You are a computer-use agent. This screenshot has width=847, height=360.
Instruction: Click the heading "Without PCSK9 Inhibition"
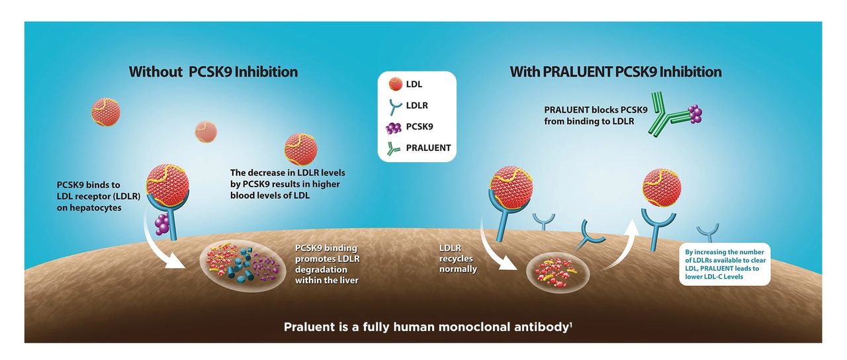(x=213, y=71)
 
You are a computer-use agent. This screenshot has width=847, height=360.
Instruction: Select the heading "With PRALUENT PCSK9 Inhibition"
(x=615, y=71)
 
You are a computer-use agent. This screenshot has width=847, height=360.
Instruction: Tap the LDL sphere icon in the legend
(x=395, y=85)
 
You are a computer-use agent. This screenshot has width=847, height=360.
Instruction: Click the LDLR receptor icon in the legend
(x=395, y=105)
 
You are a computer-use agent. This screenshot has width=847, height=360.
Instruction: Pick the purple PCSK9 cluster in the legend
(x=395, y=126)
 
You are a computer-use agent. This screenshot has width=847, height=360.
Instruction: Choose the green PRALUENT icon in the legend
(x=395, y=147)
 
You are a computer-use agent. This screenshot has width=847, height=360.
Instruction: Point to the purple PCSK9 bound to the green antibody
(x=693, y=114)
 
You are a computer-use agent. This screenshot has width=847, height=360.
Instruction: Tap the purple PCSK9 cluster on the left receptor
(x=162, y=224)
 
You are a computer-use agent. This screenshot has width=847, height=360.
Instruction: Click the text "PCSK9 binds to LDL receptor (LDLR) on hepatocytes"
(x=89, y=195)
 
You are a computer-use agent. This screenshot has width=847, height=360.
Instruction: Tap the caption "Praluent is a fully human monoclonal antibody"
(x=425, y=327)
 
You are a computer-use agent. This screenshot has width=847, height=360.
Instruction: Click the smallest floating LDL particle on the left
(x=206, y=132)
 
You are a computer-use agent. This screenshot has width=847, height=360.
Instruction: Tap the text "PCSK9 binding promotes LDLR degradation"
(x=328, y=264)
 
